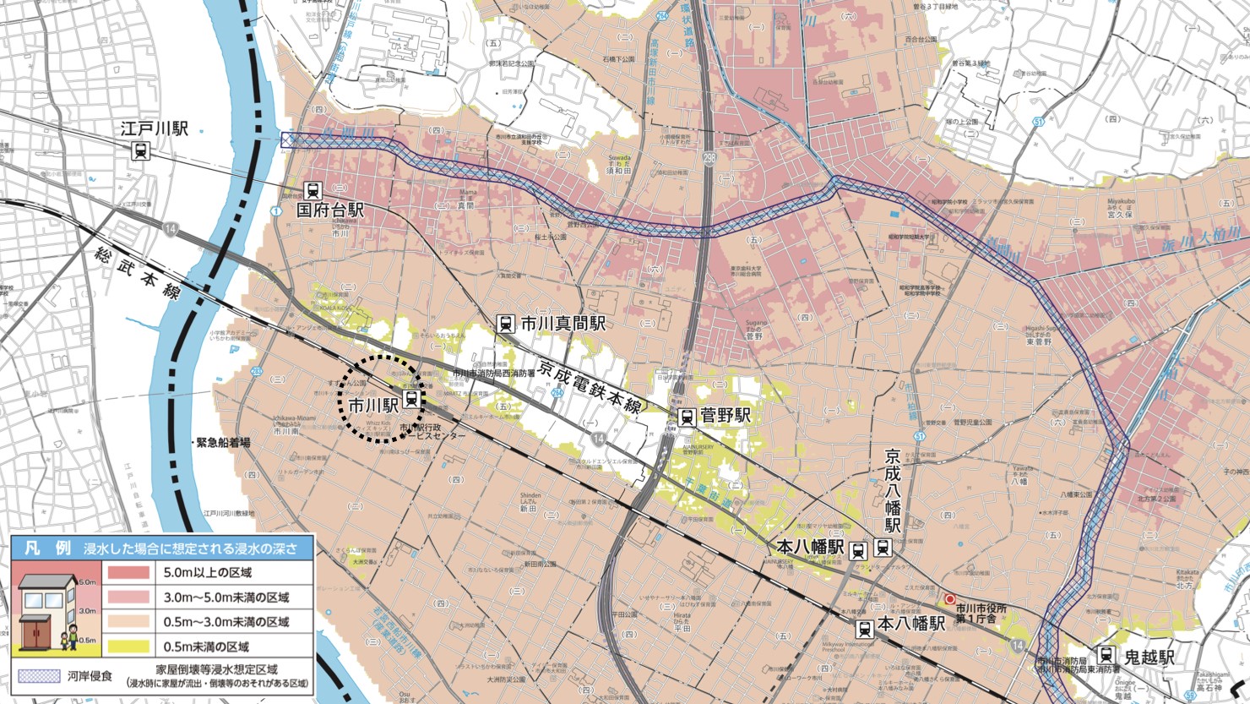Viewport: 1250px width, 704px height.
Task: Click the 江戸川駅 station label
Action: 154,129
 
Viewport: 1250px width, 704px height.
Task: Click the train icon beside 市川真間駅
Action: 505,323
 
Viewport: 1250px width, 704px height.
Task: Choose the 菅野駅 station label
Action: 726,416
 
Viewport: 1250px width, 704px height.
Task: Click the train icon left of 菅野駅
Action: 687,417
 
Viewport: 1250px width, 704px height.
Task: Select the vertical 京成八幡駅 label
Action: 893,491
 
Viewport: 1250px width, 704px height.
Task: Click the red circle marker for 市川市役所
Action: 950,599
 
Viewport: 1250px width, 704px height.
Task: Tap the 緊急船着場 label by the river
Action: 223,442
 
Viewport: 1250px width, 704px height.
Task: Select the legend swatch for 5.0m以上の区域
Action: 128,572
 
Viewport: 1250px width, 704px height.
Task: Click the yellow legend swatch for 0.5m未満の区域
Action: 128,647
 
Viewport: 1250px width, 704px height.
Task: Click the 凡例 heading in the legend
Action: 46,548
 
